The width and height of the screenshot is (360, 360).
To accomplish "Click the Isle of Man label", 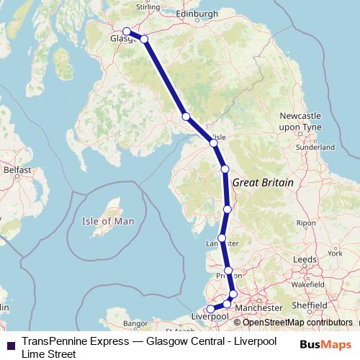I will coord(107,221).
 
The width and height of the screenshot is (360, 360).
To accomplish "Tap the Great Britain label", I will coord(263,183).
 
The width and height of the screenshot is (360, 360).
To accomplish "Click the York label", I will coord(334,253).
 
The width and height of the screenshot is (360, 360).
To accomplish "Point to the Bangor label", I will coord(135,323).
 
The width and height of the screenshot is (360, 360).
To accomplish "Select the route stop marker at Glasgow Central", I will coord(127,31).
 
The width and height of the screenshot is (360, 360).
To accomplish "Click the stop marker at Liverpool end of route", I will coord(210,309).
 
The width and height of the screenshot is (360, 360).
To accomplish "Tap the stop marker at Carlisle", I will coord(214,143).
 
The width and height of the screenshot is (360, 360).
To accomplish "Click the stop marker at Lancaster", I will coord(222,238).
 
